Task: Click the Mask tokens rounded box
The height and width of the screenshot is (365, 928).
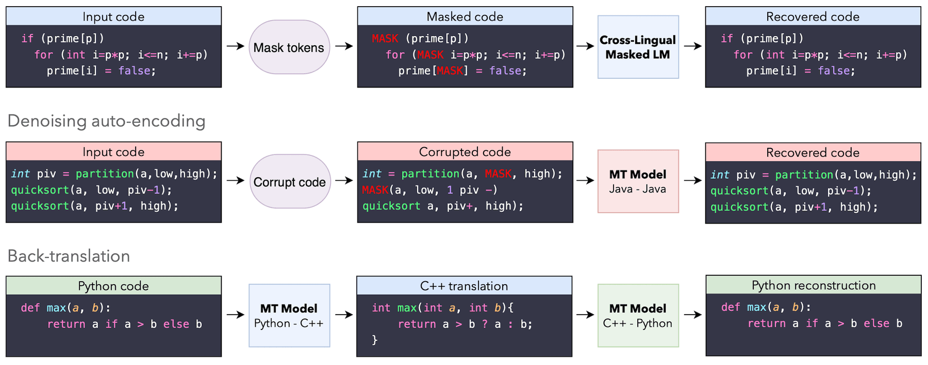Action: click(289, 47)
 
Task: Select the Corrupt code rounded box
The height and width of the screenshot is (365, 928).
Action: click(290, 182)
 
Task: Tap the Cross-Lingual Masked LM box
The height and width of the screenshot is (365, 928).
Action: click(638, 47)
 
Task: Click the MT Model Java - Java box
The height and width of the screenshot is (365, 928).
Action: click(638, 181)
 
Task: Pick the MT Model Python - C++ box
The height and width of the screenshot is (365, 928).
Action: click(289, 316)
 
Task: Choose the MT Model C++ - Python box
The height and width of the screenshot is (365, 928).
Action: click(638, 316)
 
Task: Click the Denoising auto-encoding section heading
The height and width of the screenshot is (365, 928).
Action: click(106, 121)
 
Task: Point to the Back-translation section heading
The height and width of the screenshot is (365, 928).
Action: click(69, 256)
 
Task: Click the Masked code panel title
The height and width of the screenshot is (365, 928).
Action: click(465, 16)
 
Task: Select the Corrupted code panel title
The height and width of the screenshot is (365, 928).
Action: click(465, 152)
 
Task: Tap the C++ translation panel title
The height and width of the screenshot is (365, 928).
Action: click(463, 286)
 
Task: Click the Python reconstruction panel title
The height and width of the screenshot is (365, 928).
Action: click(813, 285)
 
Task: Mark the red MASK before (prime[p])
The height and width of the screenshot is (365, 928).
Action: click(385, 39)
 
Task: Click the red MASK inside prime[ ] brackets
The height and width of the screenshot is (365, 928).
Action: click(450, 71)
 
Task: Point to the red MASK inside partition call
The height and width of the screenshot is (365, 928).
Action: click(498, 174)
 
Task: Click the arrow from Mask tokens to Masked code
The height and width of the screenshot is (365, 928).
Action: click(344, 46)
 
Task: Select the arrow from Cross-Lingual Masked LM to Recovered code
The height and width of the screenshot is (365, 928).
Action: click(692, 46)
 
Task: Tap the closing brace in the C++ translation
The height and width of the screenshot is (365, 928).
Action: click(375, 340)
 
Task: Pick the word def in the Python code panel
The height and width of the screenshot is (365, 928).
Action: click(30, 308)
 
